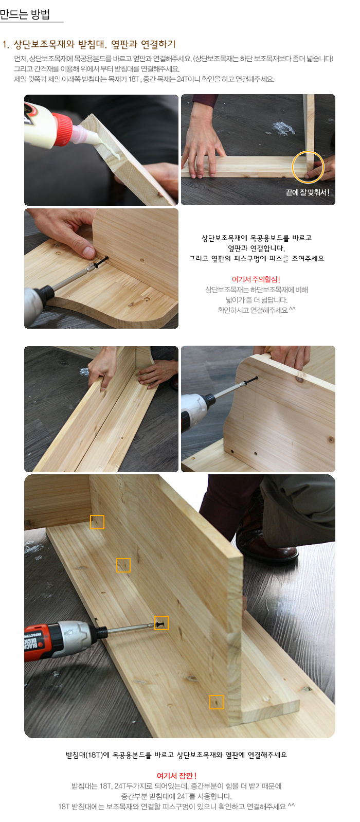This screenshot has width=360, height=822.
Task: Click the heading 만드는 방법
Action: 25,14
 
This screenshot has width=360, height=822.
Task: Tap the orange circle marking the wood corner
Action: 308,167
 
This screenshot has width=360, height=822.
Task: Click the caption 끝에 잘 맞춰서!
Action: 308,192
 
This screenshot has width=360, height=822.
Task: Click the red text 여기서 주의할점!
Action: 256,279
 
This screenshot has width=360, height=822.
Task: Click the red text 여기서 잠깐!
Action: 176,775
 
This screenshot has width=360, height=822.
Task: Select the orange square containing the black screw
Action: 161,623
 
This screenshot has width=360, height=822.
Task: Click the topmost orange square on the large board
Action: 97,522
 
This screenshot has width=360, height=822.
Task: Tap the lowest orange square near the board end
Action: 217,702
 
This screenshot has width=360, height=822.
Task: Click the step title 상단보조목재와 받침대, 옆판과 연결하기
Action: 94,44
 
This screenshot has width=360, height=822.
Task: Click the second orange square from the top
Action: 123,565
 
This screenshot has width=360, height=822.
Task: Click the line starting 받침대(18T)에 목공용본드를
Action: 176,755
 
